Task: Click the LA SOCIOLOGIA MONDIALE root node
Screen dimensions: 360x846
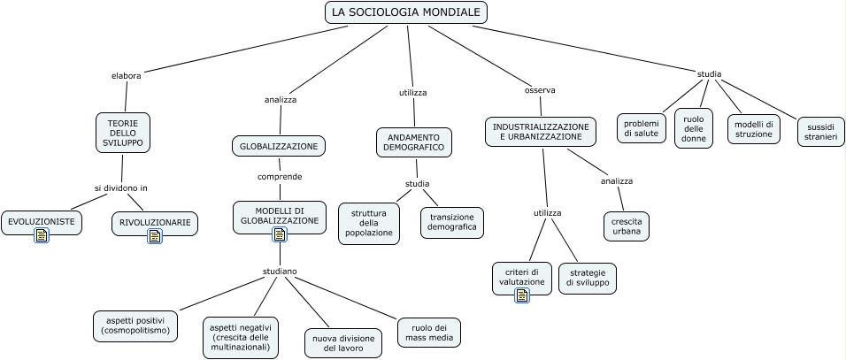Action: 406,12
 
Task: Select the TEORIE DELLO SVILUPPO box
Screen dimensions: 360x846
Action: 123,132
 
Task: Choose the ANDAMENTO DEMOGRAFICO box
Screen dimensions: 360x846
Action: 413,142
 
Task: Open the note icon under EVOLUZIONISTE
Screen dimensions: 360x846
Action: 42,234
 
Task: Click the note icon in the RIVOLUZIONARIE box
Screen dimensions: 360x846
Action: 155,236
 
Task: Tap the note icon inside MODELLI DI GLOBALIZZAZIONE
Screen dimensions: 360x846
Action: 280,234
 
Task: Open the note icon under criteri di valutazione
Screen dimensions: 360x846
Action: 522,295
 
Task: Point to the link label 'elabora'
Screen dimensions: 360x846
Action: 127,75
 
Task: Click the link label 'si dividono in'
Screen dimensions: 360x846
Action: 121,188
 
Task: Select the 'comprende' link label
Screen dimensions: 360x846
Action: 280,176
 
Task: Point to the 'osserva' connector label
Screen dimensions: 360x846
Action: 540,89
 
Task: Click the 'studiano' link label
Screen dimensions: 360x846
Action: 280,271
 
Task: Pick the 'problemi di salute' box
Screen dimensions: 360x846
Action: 642,128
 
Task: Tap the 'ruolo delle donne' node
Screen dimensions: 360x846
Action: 693,128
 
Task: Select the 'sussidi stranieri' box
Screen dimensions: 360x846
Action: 820,133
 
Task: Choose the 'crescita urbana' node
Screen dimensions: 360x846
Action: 627,225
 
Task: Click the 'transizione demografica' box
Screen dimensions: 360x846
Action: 451,222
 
